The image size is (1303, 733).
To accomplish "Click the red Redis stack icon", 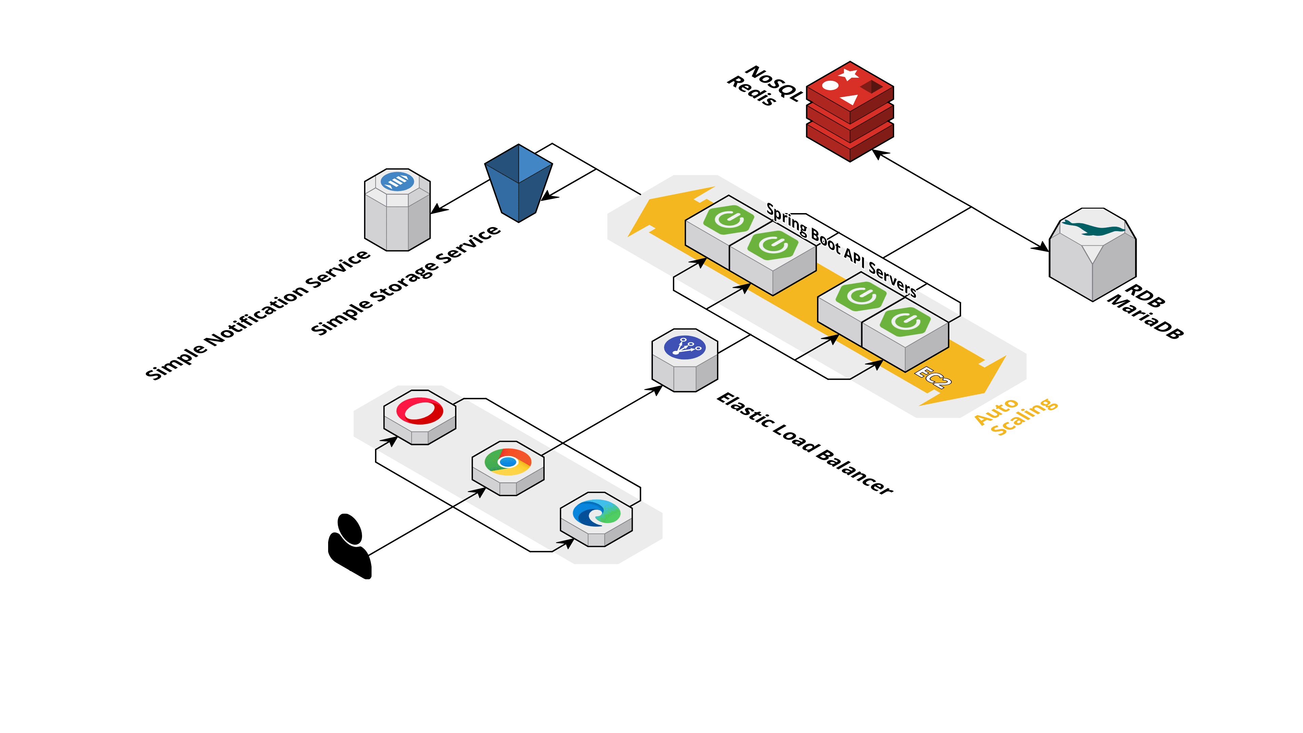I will point(849,111).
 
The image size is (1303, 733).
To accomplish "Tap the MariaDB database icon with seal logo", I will point(1093,253).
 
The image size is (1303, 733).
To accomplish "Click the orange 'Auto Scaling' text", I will point(1016,416).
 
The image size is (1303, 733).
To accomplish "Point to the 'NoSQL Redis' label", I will point(764,85).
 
